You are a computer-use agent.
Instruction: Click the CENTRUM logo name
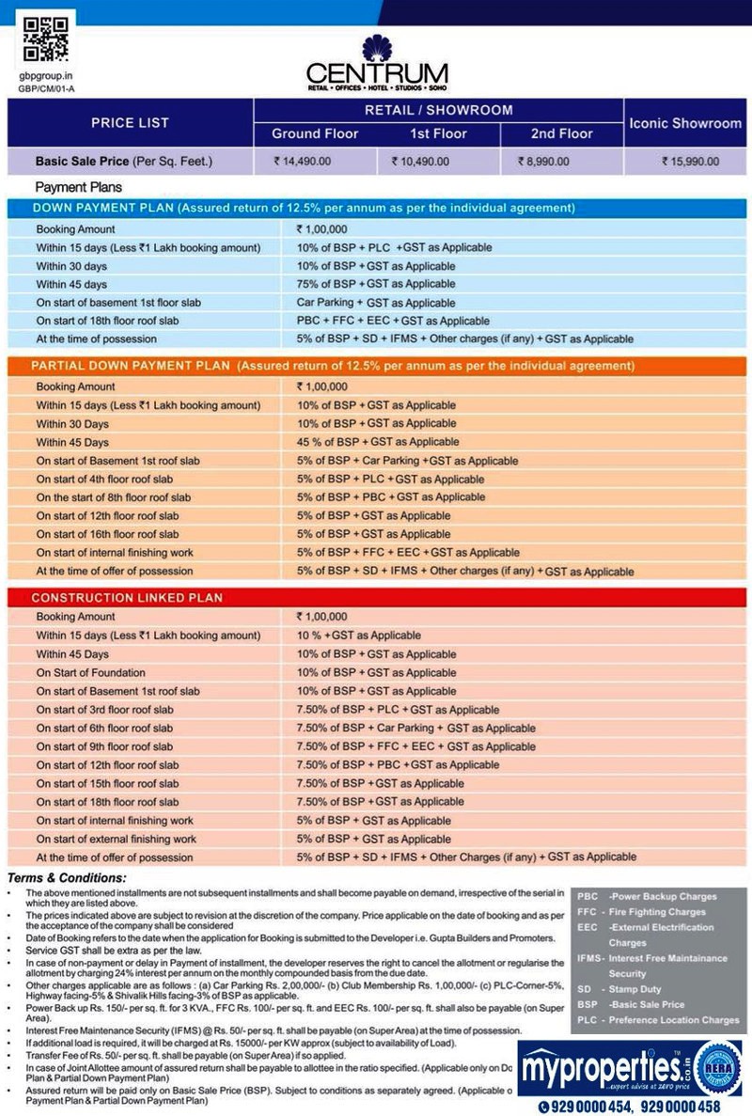(x=377, y=73)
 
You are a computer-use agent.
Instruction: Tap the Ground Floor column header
(x=315, y=134)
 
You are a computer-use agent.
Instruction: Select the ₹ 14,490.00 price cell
(x=303, y=162)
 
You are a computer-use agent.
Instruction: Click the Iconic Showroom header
(x=685, y=123)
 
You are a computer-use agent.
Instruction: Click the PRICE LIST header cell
(x=130, y=123)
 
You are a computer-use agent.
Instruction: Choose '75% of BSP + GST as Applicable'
(x=363, y=284)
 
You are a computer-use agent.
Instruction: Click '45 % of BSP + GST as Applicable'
(x=365, y=442)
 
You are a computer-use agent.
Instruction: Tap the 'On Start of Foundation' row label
(x=91, y=672)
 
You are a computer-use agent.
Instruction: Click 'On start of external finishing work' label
(x=117, y=839)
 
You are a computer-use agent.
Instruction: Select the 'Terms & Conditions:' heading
(x=67, y=878)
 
